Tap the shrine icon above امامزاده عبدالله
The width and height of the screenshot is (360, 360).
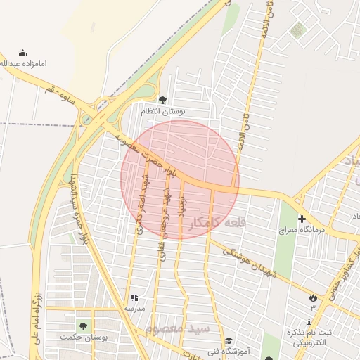(23, 53)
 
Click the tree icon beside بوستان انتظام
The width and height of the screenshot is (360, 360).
(163, 100)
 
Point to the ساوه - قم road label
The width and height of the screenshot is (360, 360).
(63, 97)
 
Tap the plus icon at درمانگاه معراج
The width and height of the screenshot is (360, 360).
(302, 219)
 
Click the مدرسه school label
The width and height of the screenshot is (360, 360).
(134, 308)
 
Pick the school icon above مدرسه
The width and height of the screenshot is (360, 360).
(134, 297)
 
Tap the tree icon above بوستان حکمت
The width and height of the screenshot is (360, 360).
(84, 326)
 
